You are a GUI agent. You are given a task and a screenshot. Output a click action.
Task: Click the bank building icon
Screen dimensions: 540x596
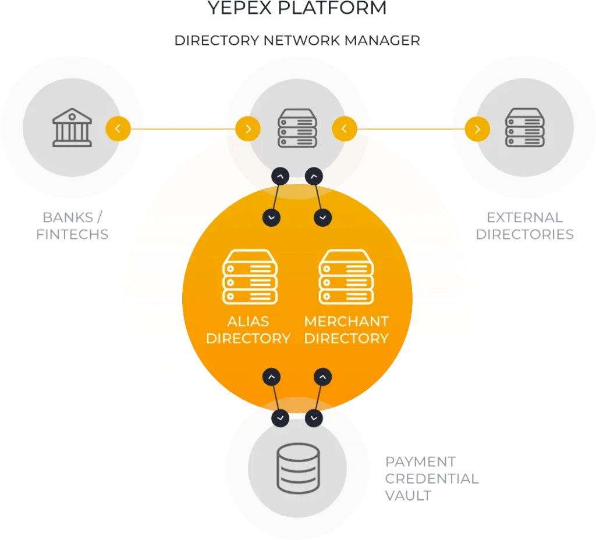[x=72, y=127]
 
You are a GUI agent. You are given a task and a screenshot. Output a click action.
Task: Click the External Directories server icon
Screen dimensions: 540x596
[x=524, y=128]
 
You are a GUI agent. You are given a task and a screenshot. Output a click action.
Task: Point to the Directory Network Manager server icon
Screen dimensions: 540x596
[x=297, y=128]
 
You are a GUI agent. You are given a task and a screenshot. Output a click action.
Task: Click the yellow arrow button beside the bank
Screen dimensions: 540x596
[x=118, y=128]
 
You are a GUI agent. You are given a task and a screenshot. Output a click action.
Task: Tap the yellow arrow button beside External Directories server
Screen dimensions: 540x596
[x=477, y=129]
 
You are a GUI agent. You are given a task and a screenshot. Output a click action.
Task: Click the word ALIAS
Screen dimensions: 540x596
[x=249, y=321]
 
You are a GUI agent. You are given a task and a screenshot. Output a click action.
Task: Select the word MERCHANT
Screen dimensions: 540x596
[x=346, y=321]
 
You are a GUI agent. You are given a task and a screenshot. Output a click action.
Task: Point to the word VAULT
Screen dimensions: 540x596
[x=409, y=495]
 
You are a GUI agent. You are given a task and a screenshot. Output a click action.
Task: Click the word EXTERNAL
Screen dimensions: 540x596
[x=524, y=217]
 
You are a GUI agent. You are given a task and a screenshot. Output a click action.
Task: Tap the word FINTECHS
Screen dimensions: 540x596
[x=73, y=234]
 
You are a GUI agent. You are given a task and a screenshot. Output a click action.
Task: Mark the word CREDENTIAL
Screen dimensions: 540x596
[x=431, y=479]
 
